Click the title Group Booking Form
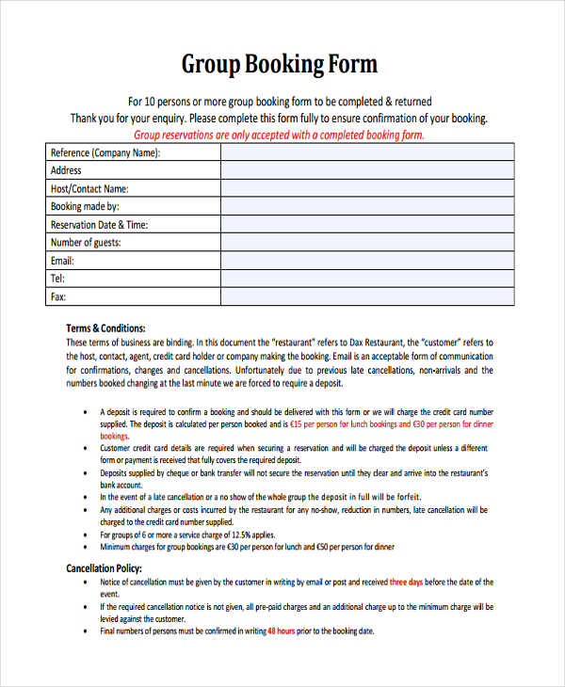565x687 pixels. tap(279, 64)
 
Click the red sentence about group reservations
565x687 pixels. tap(280, 136)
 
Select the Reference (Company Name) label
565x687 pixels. tap(105, 152)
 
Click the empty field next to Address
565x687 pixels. tap(367, 170)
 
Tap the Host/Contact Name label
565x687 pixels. tap(89, 188)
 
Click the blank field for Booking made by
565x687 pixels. tap(367, 206)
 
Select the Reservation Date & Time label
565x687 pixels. tap(99, 225)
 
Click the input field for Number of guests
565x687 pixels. tap(367, 243)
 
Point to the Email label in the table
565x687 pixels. tap(62, 261)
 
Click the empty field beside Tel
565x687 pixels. tap(367, 279)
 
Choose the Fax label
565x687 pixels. tap(58, 297)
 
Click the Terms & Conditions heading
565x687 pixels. tap(105, 328)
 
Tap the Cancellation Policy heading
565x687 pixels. tap(104, 569)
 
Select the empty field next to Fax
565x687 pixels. tap(367, 297)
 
